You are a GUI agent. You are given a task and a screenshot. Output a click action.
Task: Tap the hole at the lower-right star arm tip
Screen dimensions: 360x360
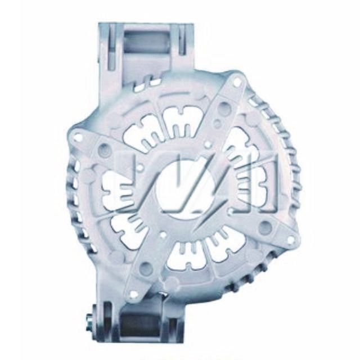coord(290,240)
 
